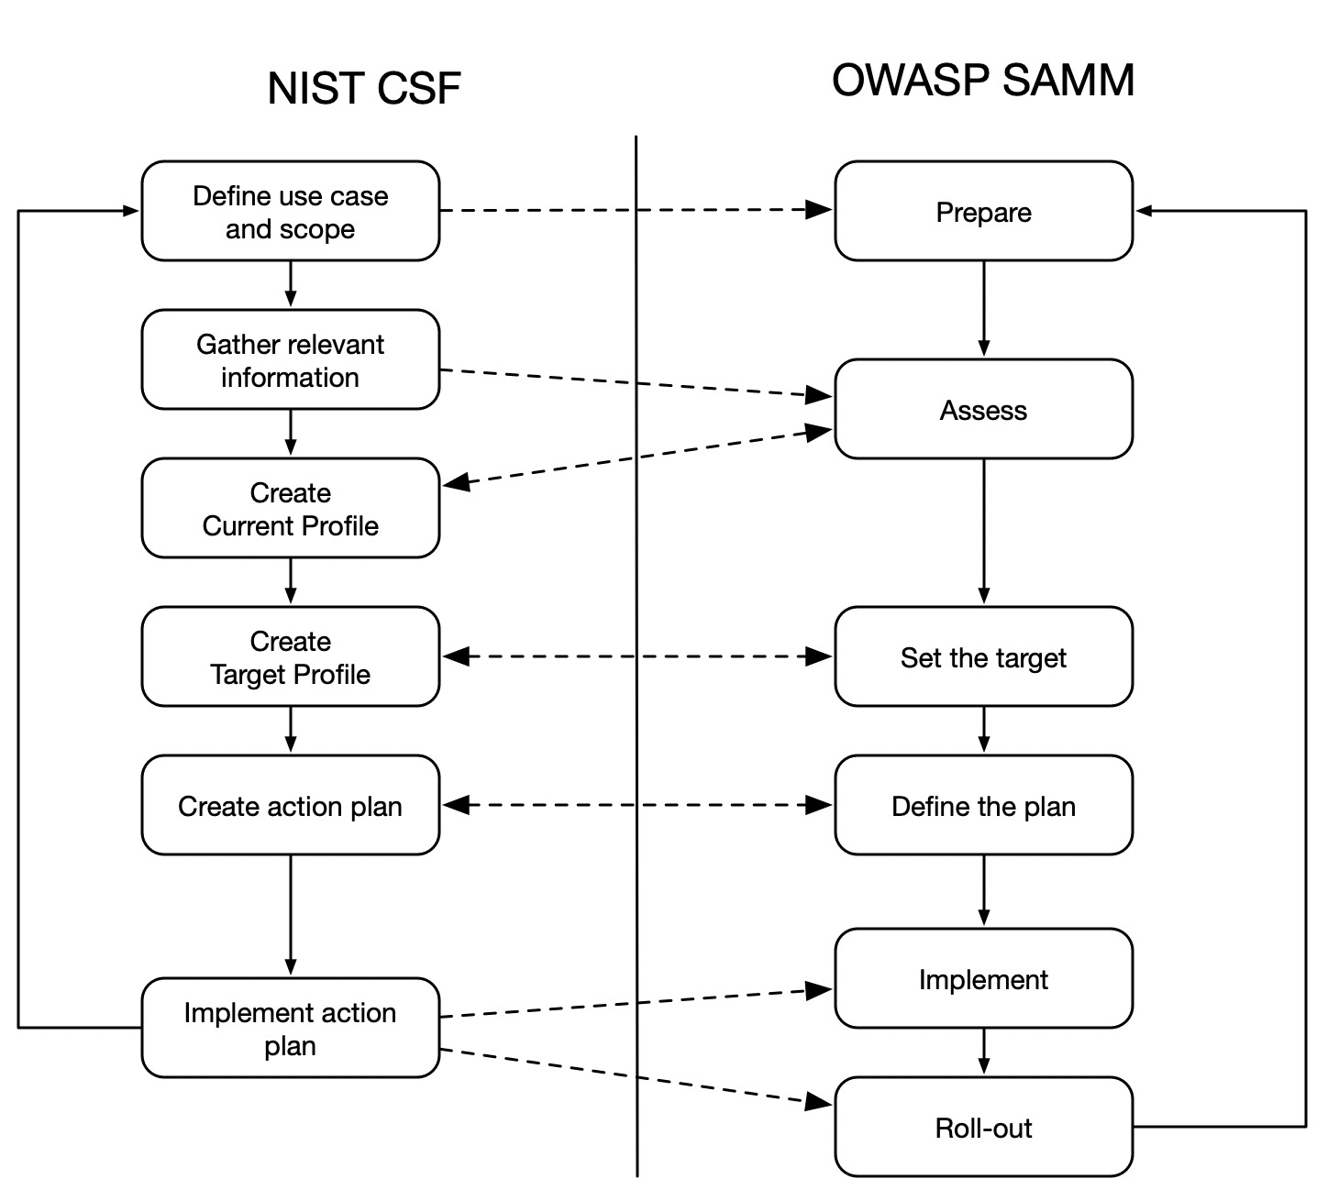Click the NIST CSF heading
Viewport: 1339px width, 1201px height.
(x=363, y=89)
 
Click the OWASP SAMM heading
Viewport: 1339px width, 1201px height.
(x=982, y=81)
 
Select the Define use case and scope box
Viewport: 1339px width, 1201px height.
(x=290, y=212)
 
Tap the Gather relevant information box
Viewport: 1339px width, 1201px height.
(x=290, y=360)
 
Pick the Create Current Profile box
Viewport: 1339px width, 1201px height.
(x=290, y=509)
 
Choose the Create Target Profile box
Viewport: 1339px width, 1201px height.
(x=290, y=657)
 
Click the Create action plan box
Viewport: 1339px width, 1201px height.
(x=290, y=806)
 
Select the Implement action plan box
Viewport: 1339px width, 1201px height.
(x=290, y=1028)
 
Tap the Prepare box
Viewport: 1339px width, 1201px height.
(x=983, y=212)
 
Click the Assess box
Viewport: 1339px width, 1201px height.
(x=983, y=410)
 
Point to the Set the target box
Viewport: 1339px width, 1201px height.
(x=983, y=657)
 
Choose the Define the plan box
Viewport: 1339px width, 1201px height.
(x=983, y=806)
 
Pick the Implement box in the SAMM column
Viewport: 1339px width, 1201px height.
(x=983, y=978)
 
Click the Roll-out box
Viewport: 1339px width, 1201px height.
(x=983, y=1127)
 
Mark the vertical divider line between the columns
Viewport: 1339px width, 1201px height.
(x=636, y=642)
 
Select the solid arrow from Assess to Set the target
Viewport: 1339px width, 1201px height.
(x=983, y=532)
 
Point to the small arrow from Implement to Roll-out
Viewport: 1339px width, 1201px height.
(x=983, y=1052)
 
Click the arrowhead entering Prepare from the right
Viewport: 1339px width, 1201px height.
(x=1144, y=211)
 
